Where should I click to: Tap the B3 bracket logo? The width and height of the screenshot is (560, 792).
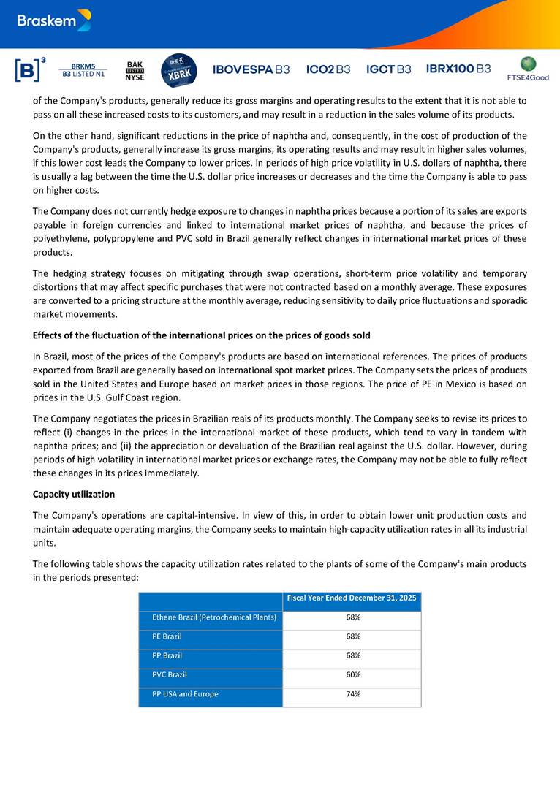pyautogui.click(x=29, y=69)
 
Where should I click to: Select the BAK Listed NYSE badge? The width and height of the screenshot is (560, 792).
pyautogui.click(x=135, y=70)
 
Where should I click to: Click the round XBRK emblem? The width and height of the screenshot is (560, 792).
pyautogui.click(x=178, y=70)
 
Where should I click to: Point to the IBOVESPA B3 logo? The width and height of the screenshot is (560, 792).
pyautogui.click(x=251, y=69)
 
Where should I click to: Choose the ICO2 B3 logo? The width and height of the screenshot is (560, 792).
pyautogui.click(x=328, y=69)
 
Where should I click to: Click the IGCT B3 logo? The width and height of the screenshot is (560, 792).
pyautogui.click(x=388, y=69)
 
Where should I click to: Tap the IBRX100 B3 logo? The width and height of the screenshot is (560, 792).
pyautogui.click(x=458, y=69)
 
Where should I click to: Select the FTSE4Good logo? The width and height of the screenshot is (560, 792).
pyautogui.click(x=528, y=69)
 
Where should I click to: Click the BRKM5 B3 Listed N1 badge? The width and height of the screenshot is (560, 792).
pyautogui.click(x=83, y=70)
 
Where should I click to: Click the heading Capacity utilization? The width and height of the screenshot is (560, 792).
pyautogui.click(x=74, y=494)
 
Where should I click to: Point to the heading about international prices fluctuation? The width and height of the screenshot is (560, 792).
pyautogui.click(x=201, y=335)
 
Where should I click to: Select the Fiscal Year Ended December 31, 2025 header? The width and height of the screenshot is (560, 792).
pyautogui.click(x=352, y=598)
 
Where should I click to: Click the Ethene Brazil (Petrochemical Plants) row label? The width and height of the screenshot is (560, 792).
pyautogui.click(x=214, y=617)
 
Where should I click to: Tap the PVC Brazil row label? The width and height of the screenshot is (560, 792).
pyautogui.click(x=170, y=674)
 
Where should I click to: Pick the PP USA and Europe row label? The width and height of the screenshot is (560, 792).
pyautogui.click(x=185, y=693)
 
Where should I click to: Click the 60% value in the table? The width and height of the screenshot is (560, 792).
pyautogui.click(x=352, y=674)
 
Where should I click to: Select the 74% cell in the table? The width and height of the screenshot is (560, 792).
pyautogui.click(x=352, y=693)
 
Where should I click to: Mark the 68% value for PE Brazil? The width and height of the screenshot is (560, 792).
pyautogui.click(x=352, y=636)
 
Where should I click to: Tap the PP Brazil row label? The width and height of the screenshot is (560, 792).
pyautogui.click(x=167, y=655)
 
